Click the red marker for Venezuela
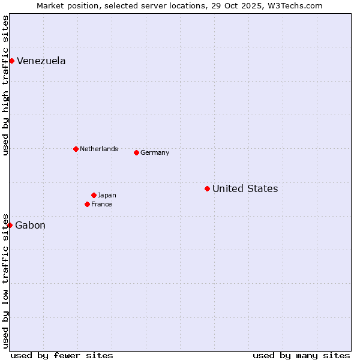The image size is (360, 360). pyautogui.click(x=11, y=61)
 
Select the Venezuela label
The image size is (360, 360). pyautogui.click(x=41, y=61)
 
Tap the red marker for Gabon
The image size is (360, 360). pyautogui.click(x=10, y=225)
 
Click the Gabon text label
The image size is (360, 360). pyautogui.click(x=30, y=226)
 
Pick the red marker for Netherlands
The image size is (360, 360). pyautogui.click(x=76, y=149)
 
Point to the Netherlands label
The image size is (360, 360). pyautogui.click(x=99, y=149)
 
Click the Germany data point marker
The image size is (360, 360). pyautogui.click(x=136, y=152)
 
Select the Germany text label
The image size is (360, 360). pyautogui.click(x=155, y=152)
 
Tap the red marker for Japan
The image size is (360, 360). pyautogui.click(x=94, y=195)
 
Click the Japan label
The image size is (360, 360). pyautogui.click(x=107, y=195)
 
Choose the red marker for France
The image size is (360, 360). pyautogui.click(x=87, y=204)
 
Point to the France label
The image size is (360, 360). pyautogui.click(x=101, y=204)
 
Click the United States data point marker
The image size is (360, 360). pyautogui.click(x=207, y=188)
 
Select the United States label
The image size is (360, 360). pyautogui.click(x=245, y=189)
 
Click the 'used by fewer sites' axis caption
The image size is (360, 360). pyautogui.click(x=62, y=355)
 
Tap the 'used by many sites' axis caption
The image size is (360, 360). pyautogui.click(x=301, y=355)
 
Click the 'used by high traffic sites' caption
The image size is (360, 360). pyautogui.click(x=5, y=85)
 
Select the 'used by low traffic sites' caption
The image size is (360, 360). pyautogui.click(x=5, y=280)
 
